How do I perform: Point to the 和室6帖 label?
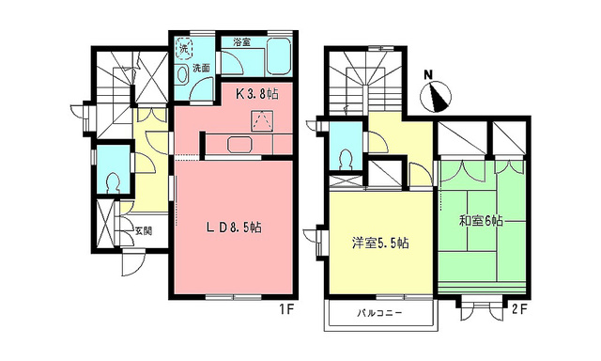pos(481,222)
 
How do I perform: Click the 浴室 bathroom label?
pos(242,41)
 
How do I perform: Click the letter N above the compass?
pos(428,74)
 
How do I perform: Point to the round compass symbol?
pos(439,96)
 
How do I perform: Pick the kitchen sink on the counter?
pos(237,144)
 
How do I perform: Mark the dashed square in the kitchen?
pos(261,120)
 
